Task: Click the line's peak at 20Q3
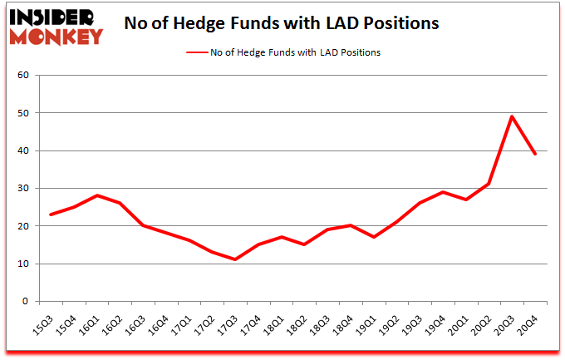(512, 116)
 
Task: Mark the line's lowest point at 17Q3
(235, 259)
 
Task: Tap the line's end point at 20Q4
(535, 154)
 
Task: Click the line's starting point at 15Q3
(51, 215)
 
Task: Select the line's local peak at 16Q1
(97, 195)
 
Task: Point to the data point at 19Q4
(443, 192)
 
